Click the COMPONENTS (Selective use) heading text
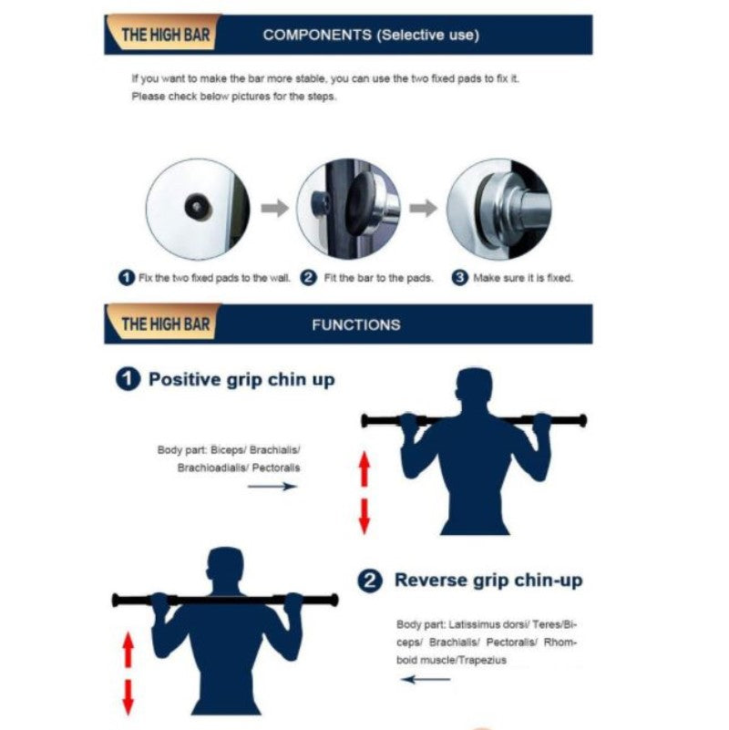coord(370,36)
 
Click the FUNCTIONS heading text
coord(355,324)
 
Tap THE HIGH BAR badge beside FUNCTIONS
coord(164,324)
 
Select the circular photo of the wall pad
coord(198,208)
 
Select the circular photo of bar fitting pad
coord(348,208)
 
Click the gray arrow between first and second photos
coord(274,209)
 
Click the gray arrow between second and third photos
coord(423,209)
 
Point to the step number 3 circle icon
coord(460,278)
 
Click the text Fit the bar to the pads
coord(377,278)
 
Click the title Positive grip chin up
coord(241,380)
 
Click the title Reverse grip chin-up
coord(488,581)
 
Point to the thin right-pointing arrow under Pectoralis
coord(272,487)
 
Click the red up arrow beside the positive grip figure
coord(364,471)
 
